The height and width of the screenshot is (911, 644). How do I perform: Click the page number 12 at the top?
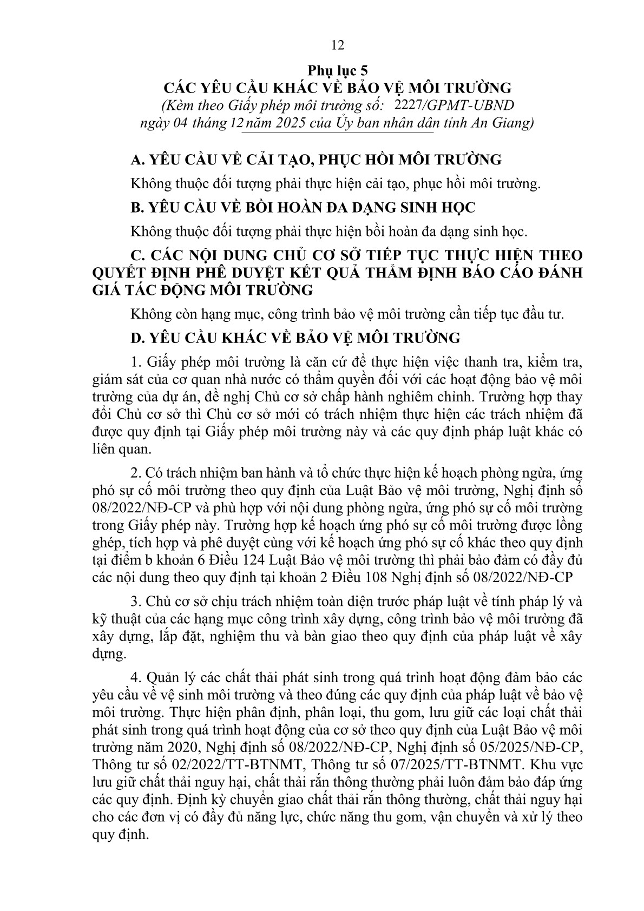click(x=337, y=45)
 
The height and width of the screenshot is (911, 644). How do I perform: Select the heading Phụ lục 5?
click(x=338, y=70)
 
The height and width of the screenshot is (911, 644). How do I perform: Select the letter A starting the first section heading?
click(x=136, y=160)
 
